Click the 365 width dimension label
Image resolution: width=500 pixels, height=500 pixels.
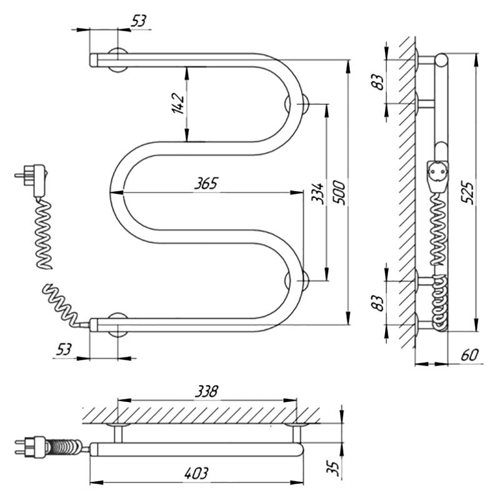(x=206, y=183)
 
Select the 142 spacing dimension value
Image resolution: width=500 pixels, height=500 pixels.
(x=178, y=103)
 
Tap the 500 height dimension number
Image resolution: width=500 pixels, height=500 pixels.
(x=339, y=192)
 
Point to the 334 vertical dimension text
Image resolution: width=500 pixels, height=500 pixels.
(x=317, y=193)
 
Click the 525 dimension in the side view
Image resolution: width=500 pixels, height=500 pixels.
(x=468, y=193)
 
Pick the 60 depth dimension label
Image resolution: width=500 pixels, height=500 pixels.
(x=470, y=355)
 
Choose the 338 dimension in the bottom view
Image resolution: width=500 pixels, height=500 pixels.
(x=206, y=391)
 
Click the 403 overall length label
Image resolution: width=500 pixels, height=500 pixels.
(x=196, y=473)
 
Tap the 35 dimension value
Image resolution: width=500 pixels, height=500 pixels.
(x=334, y=468)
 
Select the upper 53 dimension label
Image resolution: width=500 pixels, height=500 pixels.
(x=139, y=21)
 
